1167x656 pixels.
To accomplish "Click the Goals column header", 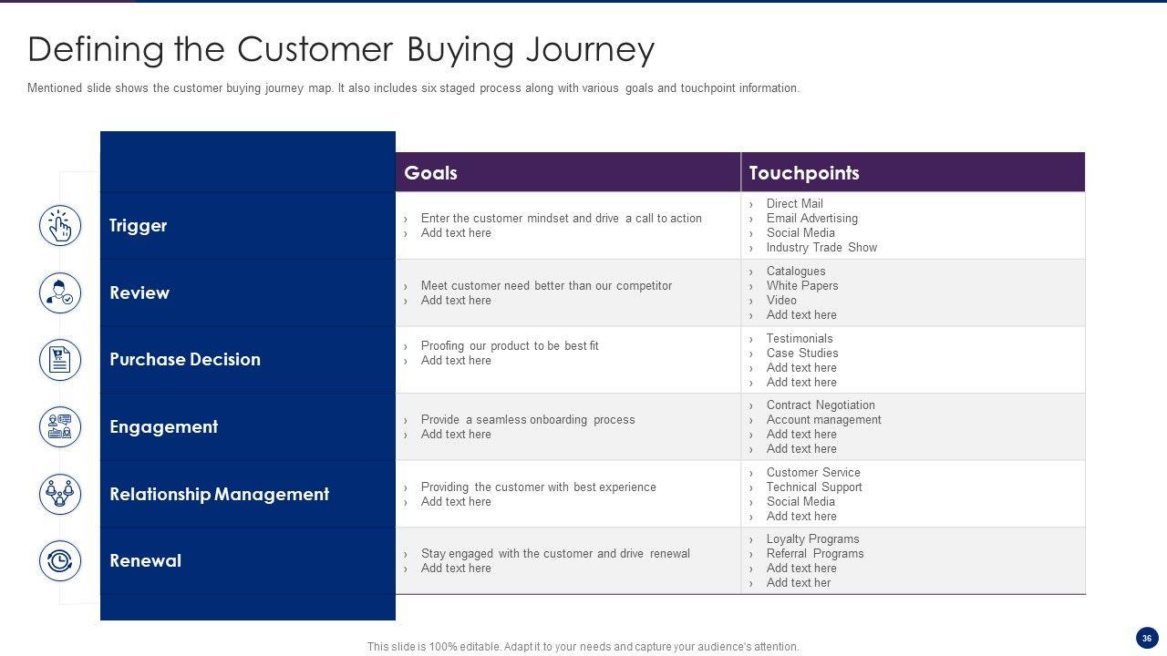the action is point(430,173).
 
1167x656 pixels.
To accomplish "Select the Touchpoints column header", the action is point(803,173).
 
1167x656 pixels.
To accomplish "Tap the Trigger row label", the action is point(138,225).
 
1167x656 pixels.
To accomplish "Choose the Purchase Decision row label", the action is point(184,359).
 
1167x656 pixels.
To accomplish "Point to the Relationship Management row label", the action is point(219,494).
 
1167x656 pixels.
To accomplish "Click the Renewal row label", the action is point(145,560).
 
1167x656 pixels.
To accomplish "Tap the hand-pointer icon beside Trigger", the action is point(60,226).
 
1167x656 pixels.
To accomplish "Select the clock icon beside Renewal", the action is point(60,561).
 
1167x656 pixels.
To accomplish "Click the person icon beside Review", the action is point(60,292).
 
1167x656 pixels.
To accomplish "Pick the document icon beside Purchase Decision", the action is point(60,360).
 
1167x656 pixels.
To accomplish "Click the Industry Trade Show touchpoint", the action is point(821,248).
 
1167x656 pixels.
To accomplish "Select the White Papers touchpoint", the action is point(801,286).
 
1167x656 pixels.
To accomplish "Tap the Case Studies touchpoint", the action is point(801,354).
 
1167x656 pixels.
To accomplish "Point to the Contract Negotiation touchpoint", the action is point(820,405).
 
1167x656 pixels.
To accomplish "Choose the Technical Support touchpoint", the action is point(813,487).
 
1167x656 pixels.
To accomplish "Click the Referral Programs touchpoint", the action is point(814,554).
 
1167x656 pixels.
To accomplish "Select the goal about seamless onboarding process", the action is point(527,420).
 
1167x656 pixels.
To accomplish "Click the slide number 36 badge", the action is point(1146,638).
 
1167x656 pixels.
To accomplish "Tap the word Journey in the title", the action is point(590,49).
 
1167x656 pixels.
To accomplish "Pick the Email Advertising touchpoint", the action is point(811,219).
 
